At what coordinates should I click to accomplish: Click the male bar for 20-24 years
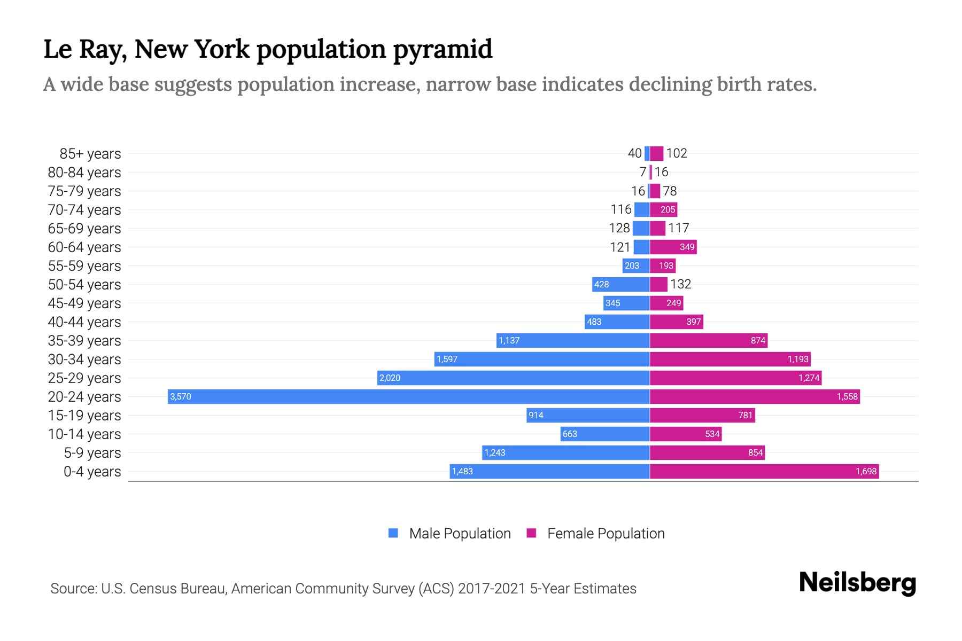pyautogui.click(x=409, y=396)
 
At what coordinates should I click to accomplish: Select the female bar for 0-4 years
pyautogui.click(x=764, y=471)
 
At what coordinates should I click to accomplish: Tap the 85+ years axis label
pyautogui.click(x=90, y=154)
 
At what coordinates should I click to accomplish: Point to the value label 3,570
pyautogui.click(x=181, y=397)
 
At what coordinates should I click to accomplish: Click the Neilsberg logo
pyautogui.click(x=857, y=583)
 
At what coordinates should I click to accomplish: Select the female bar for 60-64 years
pyautogui.click(x=673, y=247)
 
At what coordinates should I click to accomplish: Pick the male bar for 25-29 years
pyautogui.click(x=513, y=378)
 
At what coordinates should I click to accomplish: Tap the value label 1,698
pyautogui.click(x=866, y=471)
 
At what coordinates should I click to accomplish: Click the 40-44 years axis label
pyautogui.click(x=84, y=322)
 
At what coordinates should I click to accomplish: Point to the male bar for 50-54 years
pyautogui.click(x=621, y=284)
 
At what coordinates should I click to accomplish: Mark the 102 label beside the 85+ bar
pyautogui.click(x=677, y=153)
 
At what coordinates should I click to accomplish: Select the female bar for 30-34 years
pyautogui.click(x=730, y=359)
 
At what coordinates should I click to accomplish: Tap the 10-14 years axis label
pyautogui.click(x=84, y=434)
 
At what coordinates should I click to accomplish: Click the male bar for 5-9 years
pyautogui.click(x=565, y=452)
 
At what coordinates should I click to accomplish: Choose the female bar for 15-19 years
pyautogui.click(x=702, y=415)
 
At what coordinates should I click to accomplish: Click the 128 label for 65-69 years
pyautogui.click(x=619, y=228)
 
